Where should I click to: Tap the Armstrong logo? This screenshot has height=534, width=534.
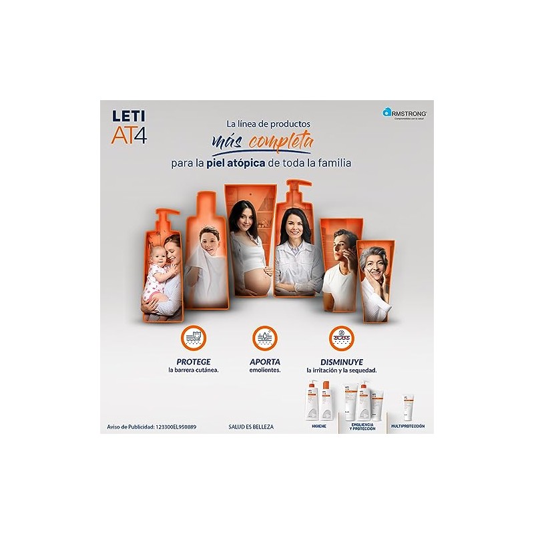[x=405, y=114]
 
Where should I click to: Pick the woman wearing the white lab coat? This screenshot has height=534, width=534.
[x=295, y=254]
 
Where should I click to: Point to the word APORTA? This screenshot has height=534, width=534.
[x=265, y=360]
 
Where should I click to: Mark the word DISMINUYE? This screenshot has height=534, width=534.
[x=341, y=360]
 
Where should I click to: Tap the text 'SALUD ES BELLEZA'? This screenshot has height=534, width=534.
[x=260, y=426]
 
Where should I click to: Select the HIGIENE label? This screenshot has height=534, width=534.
[x=318, y=426]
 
